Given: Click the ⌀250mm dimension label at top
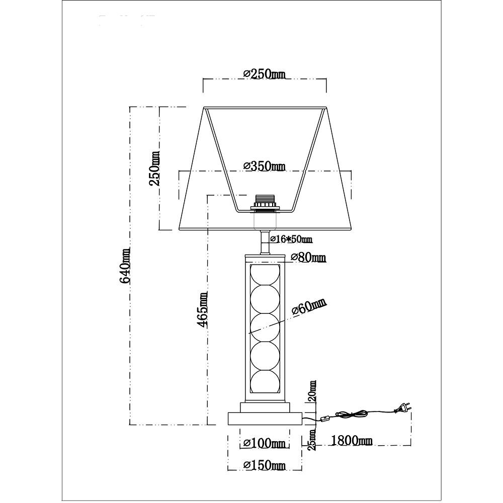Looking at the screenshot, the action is [264, 74].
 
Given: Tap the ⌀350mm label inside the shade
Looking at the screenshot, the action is [264, 166].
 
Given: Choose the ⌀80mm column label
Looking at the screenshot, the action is [308, 258].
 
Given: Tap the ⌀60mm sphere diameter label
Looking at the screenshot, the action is [308, 306].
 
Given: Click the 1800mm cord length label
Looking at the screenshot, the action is [352, 441].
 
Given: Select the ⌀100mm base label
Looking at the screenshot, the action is [264, 443].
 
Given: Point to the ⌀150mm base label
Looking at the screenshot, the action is [264, 466].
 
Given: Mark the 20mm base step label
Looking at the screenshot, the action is [312, 391].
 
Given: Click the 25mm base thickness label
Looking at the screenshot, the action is [312, 440].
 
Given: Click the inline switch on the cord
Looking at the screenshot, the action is [324, 418].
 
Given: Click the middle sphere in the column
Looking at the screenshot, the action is [265, 328].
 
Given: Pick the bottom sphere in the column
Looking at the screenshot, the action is [265, 385].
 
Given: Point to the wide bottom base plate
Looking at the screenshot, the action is [265, 418].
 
